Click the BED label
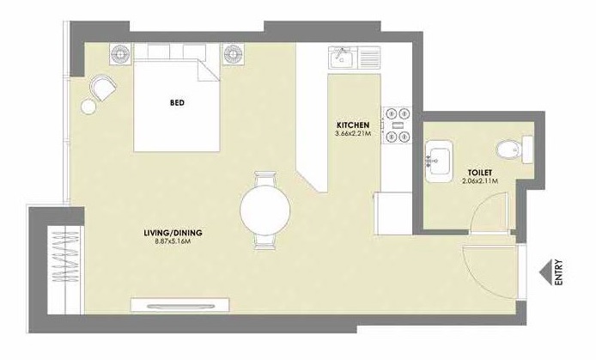[178, 103]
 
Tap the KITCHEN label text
[353, 125]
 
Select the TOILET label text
[468, 172]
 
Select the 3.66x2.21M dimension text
[353, 134]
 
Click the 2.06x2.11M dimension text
[468, 181]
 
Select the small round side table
[89, 107]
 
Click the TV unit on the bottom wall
[179, 304]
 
